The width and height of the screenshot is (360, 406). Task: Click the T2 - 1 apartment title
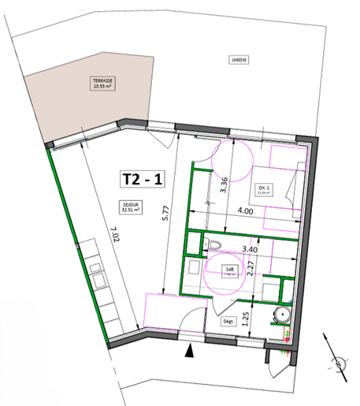click(x=143, y=179)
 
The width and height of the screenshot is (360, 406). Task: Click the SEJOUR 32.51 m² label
click(x=129, y=208)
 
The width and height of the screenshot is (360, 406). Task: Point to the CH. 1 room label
click(x=262, y=190)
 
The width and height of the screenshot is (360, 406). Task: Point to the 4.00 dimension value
click(x=245, y=211)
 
